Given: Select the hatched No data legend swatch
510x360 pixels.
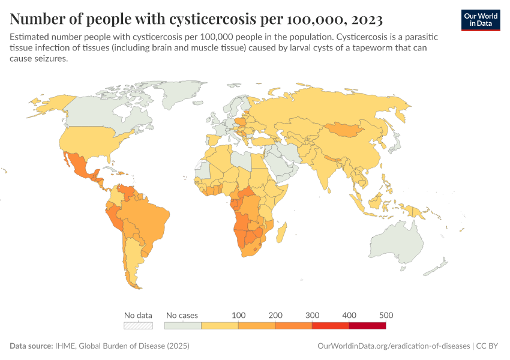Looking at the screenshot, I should pyautogui.click(x=138, y=326).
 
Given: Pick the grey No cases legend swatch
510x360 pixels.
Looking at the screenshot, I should pyautogui.click(x=182, y=326).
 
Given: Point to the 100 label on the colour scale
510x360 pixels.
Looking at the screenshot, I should pyautogui.click(x=238, y=315).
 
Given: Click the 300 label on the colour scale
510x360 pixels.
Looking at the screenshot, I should pyautogui.click(x=312, y=315).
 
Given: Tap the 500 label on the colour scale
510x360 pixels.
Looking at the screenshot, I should pyautogui.click(x=385, y=315).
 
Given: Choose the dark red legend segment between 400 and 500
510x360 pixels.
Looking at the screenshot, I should pyautogui.click(x=367, y=326).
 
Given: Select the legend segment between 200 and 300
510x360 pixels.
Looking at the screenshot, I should pyautogui.click(x=293, y=326).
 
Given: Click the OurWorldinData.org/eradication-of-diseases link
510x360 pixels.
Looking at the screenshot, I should pyautogui.click(x=392, y=346).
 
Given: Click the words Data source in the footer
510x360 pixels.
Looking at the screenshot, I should pyautogui.click(x=30, y=346).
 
